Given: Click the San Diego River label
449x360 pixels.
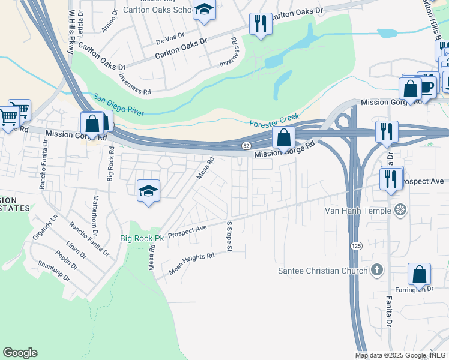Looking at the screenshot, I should coord(118,105).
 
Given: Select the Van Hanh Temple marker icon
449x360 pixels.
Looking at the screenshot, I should coord(401,210).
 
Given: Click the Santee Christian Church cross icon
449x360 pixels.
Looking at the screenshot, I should coord(376,271).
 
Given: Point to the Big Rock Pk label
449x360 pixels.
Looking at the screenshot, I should coord(142,238).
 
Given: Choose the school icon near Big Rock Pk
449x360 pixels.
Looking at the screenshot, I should coord(148,191).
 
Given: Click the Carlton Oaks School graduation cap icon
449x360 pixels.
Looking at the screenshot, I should coord(204,10).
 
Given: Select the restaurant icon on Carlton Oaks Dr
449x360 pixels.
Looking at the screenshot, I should coord(260,24).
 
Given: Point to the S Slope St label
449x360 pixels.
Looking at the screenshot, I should coord(229,236).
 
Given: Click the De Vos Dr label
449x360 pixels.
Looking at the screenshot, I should coord(168,41).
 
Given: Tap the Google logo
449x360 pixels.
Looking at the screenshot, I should coord(20,353).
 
